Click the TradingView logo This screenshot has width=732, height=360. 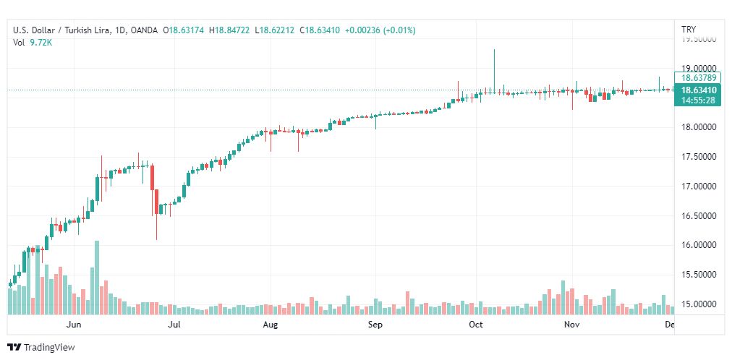pos(41,348)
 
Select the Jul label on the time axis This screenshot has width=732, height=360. pos(174,325)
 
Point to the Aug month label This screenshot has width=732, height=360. pos(270,325)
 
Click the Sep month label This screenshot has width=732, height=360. pos(375,325)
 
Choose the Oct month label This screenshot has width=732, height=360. pos(475,325)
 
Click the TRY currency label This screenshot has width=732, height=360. pos(689,29)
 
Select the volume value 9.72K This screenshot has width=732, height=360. pos(42,43)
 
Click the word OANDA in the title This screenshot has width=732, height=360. pos(145,30)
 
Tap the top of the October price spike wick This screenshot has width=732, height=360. pos(494,50)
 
